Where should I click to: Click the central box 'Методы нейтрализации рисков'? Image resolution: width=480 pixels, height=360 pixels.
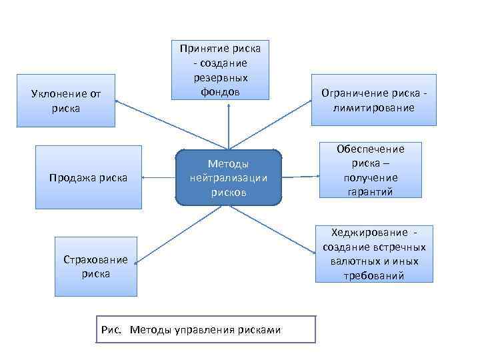(228, 177)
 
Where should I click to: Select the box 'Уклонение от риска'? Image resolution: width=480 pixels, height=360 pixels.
(65, 100)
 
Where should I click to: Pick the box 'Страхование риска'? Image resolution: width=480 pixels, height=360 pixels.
(95, 266)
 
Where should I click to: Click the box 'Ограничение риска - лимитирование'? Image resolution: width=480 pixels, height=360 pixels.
(373, 100)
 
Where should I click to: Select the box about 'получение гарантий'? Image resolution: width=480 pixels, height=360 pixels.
(371, 171)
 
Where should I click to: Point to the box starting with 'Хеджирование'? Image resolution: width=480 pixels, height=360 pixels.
(373, 253)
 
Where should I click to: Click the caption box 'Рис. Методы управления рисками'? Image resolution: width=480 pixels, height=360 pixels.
(205, 329)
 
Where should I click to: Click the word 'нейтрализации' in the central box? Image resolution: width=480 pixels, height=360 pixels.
(228, 178)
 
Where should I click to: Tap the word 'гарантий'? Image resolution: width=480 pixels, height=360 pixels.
(371, 192)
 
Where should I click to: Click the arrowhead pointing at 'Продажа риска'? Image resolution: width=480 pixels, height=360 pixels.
(145, 177)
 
